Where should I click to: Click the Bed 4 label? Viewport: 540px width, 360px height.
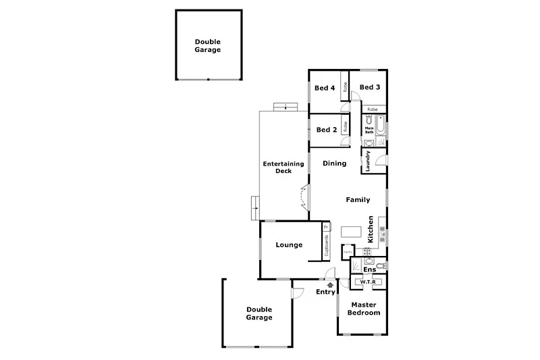(x=325, y=88)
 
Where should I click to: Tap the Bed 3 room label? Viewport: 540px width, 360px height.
(x=370, y=87)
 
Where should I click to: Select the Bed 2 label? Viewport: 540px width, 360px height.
(x=326, y=130)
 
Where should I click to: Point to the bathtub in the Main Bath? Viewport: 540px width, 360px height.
(x=381, y=126)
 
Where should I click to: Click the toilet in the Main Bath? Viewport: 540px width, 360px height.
(x=369, y=120)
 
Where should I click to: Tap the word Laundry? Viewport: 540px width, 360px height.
(x=369, y=161)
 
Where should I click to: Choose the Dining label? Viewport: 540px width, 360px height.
(x=334, y=163)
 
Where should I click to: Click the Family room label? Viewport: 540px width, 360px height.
(x=358, y=200)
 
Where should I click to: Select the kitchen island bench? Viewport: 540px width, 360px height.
(x=350, y=232)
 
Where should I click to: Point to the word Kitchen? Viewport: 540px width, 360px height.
(x=371, y=230)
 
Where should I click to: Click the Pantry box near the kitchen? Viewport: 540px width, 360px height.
(x=347, y=252)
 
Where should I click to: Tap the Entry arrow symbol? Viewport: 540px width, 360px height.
(x=330, y=285)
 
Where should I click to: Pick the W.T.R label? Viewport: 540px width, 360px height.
(x=368, y=282)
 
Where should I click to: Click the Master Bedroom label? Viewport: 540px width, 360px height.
(x=363, y=309)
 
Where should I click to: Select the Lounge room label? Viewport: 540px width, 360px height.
(x=289, y=245)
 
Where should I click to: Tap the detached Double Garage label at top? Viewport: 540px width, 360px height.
(x=208, y=45)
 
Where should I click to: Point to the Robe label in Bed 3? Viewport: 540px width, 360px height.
(x=372, y=109)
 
